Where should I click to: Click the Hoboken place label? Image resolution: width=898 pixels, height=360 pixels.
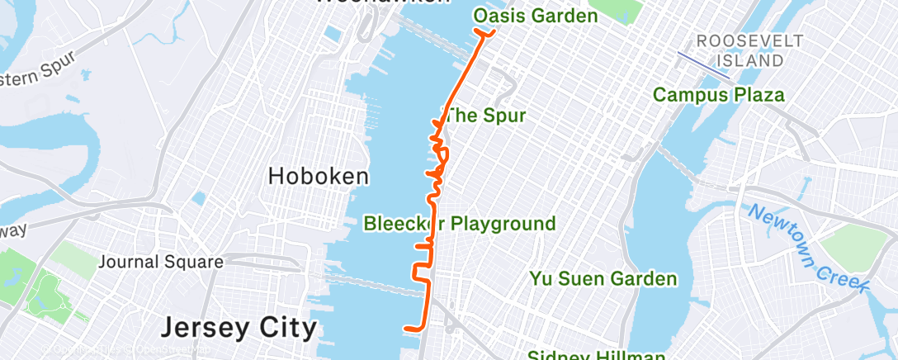click(318, 176)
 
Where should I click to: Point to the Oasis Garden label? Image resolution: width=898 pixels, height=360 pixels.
click(535, 17)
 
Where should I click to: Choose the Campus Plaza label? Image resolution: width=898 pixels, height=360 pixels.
click(718, 95)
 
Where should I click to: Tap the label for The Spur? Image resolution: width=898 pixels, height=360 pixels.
click(484, 116)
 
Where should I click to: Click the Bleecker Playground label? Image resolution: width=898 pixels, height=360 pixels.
click(460, 223)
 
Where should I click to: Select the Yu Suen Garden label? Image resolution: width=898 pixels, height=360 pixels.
click(603, 278)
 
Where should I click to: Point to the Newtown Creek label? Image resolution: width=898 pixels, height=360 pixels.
click(809, 248)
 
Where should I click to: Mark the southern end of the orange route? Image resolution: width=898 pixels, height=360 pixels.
click(405, 329)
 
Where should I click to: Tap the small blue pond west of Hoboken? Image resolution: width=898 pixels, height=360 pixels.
click(198, 198)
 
